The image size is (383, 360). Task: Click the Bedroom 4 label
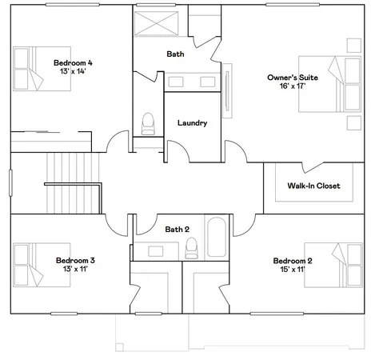coord(73,62)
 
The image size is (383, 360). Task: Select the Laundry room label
coord(193,123)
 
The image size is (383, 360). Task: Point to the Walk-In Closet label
coord(313,186)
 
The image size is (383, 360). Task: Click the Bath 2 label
coord(177,230)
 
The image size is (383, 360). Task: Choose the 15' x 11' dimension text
coord(292,270)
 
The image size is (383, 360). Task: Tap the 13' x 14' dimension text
coord(73,72)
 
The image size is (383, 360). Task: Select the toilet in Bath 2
coord(190,250)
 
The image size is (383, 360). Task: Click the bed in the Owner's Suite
coord(328,86)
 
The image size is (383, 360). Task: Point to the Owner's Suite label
coord(292,78)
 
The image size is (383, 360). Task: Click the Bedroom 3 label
coord(75,260)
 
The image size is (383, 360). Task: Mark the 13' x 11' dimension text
coord(75,270)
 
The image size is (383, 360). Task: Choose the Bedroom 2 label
coord(292,261)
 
